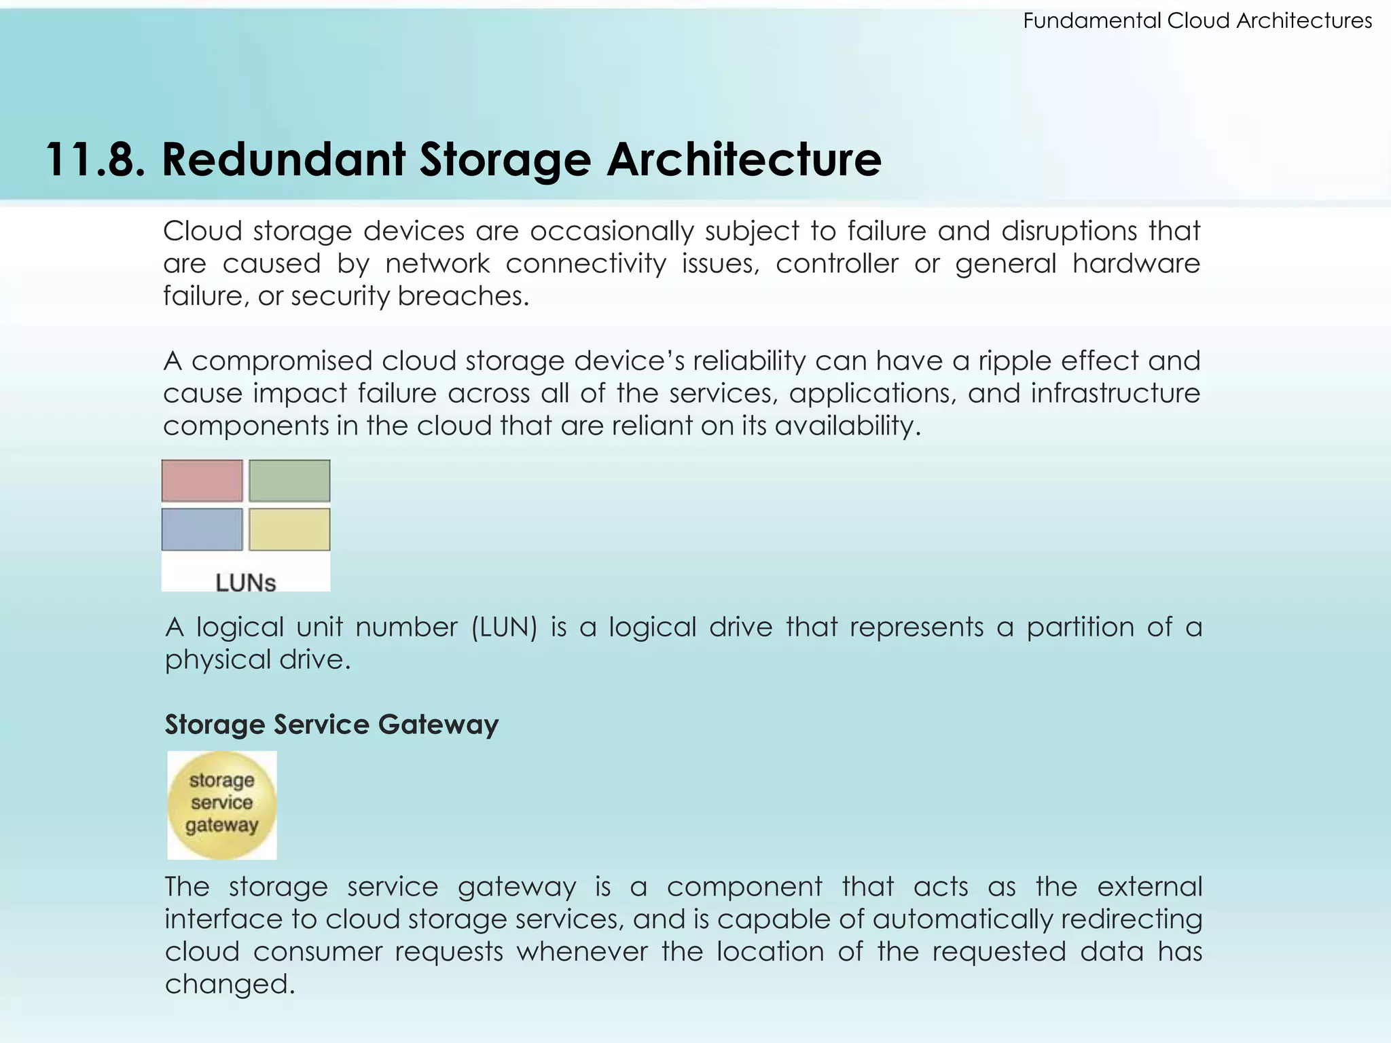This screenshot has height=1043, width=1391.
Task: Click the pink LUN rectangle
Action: [x=202, y=481]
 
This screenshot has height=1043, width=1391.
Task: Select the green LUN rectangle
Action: [x=289, y=481]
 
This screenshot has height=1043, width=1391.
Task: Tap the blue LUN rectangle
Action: [x=202, y=530]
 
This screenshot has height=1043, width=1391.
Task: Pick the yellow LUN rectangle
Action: [x=289, y=530]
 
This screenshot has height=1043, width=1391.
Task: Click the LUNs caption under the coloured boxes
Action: [x=246, y=583]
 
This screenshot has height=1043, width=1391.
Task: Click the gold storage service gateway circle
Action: [x=222, y=805]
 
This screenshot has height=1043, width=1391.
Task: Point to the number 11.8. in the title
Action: [x=95, y=160]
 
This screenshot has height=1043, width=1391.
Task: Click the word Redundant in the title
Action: [x=283, y=160]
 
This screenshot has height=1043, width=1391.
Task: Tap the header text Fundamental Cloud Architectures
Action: [x=1197, y=21]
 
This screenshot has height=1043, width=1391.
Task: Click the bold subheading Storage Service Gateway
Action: [x=331, y=725]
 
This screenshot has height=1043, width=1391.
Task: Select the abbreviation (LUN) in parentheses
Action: [x=504, y=627]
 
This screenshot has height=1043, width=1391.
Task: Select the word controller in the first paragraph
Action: [x=837, y=263]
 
